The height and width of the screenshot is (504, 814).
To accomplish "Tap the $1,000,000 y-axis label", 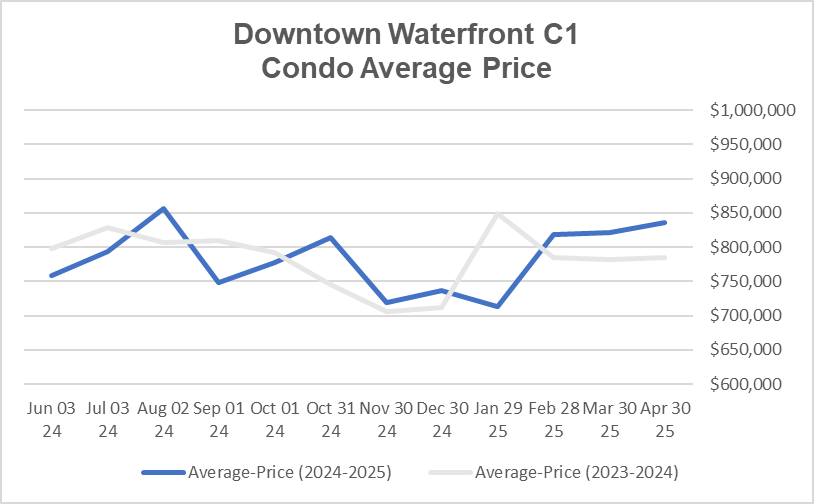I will (752, 111).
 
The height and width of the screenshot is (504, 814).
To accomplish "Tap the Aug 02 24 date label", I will (161, 420).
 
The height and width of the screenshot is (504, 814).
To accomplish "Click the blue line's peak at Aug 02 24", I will (162, 208).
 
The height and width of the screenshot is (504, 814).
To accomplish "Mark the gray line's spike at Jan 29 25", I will (498, 214).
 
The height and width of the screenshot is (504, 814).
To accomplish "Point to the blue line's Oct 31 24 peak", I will (330, 238).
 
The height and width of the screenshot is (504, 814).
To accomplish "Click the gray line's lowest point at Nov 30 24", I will (386, 311).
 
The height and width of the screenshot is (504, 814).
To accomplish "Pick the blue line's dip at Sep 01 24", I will (218, 282).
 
